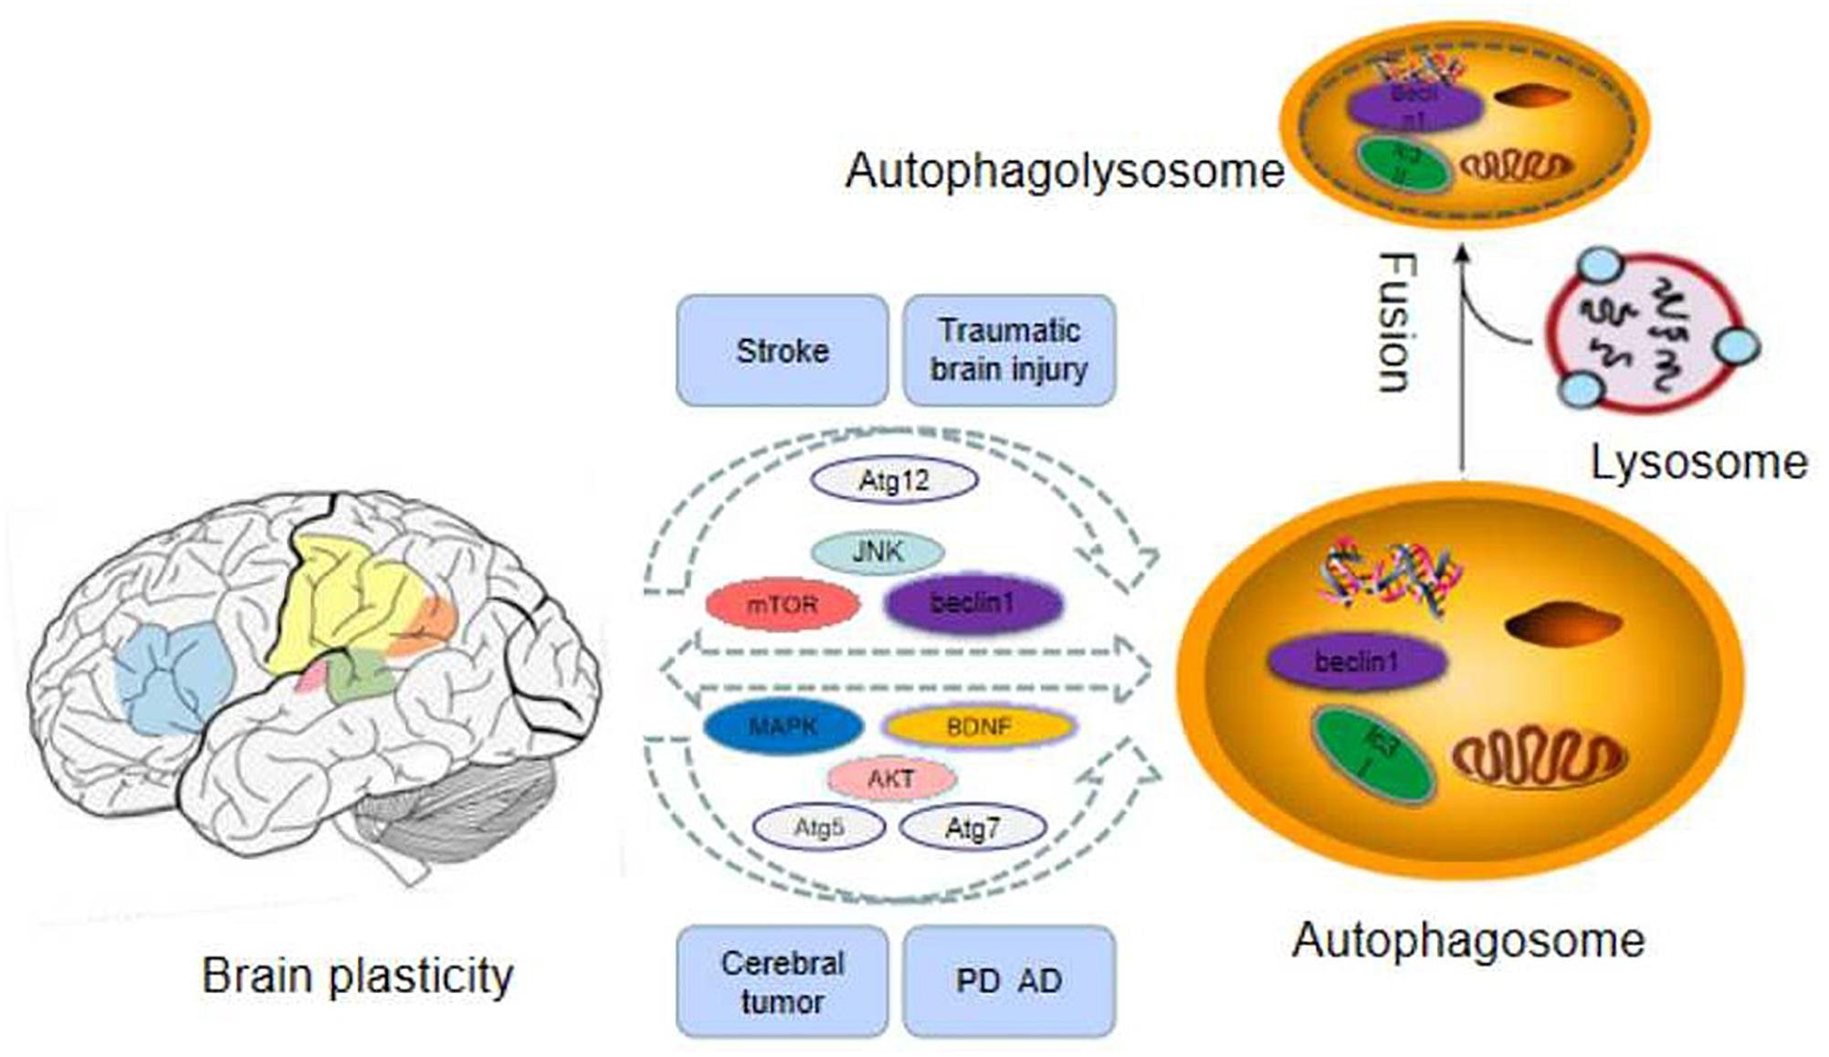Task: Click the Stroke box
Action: (782, 350)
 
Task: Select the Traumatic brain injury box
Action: (1009, 350)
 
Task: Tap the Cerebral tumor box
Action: (782, 981)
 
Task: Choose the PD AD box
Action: (1009, 981)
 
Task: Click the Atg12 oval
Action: (894, 481)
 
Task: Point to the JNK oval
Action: (878, 552)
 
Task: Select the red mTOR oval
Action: (783, 604)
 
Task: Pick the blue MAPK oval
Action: (783, 727)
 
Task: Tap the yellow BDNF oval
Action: (978, 727)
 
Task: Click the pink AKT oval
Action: (891, 778)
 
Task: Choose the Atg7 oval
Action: (972, 829)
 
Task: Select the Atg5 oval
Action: (818, 829)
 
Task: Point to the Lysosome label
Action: (1698, 462)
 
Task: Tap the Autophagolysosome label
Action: (1064, 171)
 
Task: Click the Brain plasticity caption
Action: (357, 976)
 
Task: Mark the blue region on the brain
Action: (173, 676)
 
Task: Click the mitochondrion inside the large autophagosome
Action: (1539, 757)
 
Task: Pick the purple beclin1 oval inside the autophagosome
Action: (1357, 661)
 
